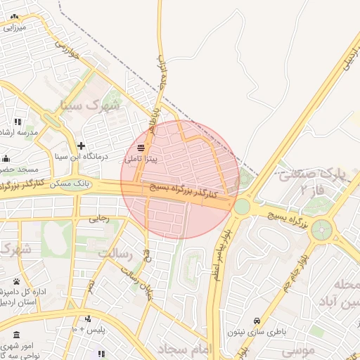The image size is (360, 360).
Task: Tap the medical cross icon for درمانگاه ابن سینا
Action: [82, 146]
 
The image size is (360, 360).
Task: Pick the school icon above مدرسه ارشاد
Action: [18, 122]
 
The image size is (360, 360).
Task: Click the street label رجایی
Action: [98, 219]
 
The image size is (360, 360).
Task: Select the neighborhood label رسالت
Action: [117, 252]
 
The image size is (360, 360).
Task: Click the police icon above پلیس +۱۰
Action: [87, 318]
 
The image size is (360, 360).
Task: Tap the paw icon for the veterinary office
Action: [16, 281]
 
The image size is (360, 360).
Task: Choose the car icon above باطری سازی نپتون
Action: [257, 320]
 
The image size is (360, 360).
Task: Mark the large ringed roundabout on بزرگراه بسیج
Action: [322, 229]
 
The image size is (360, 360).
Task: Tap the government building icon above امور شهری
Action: [17, 333]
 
